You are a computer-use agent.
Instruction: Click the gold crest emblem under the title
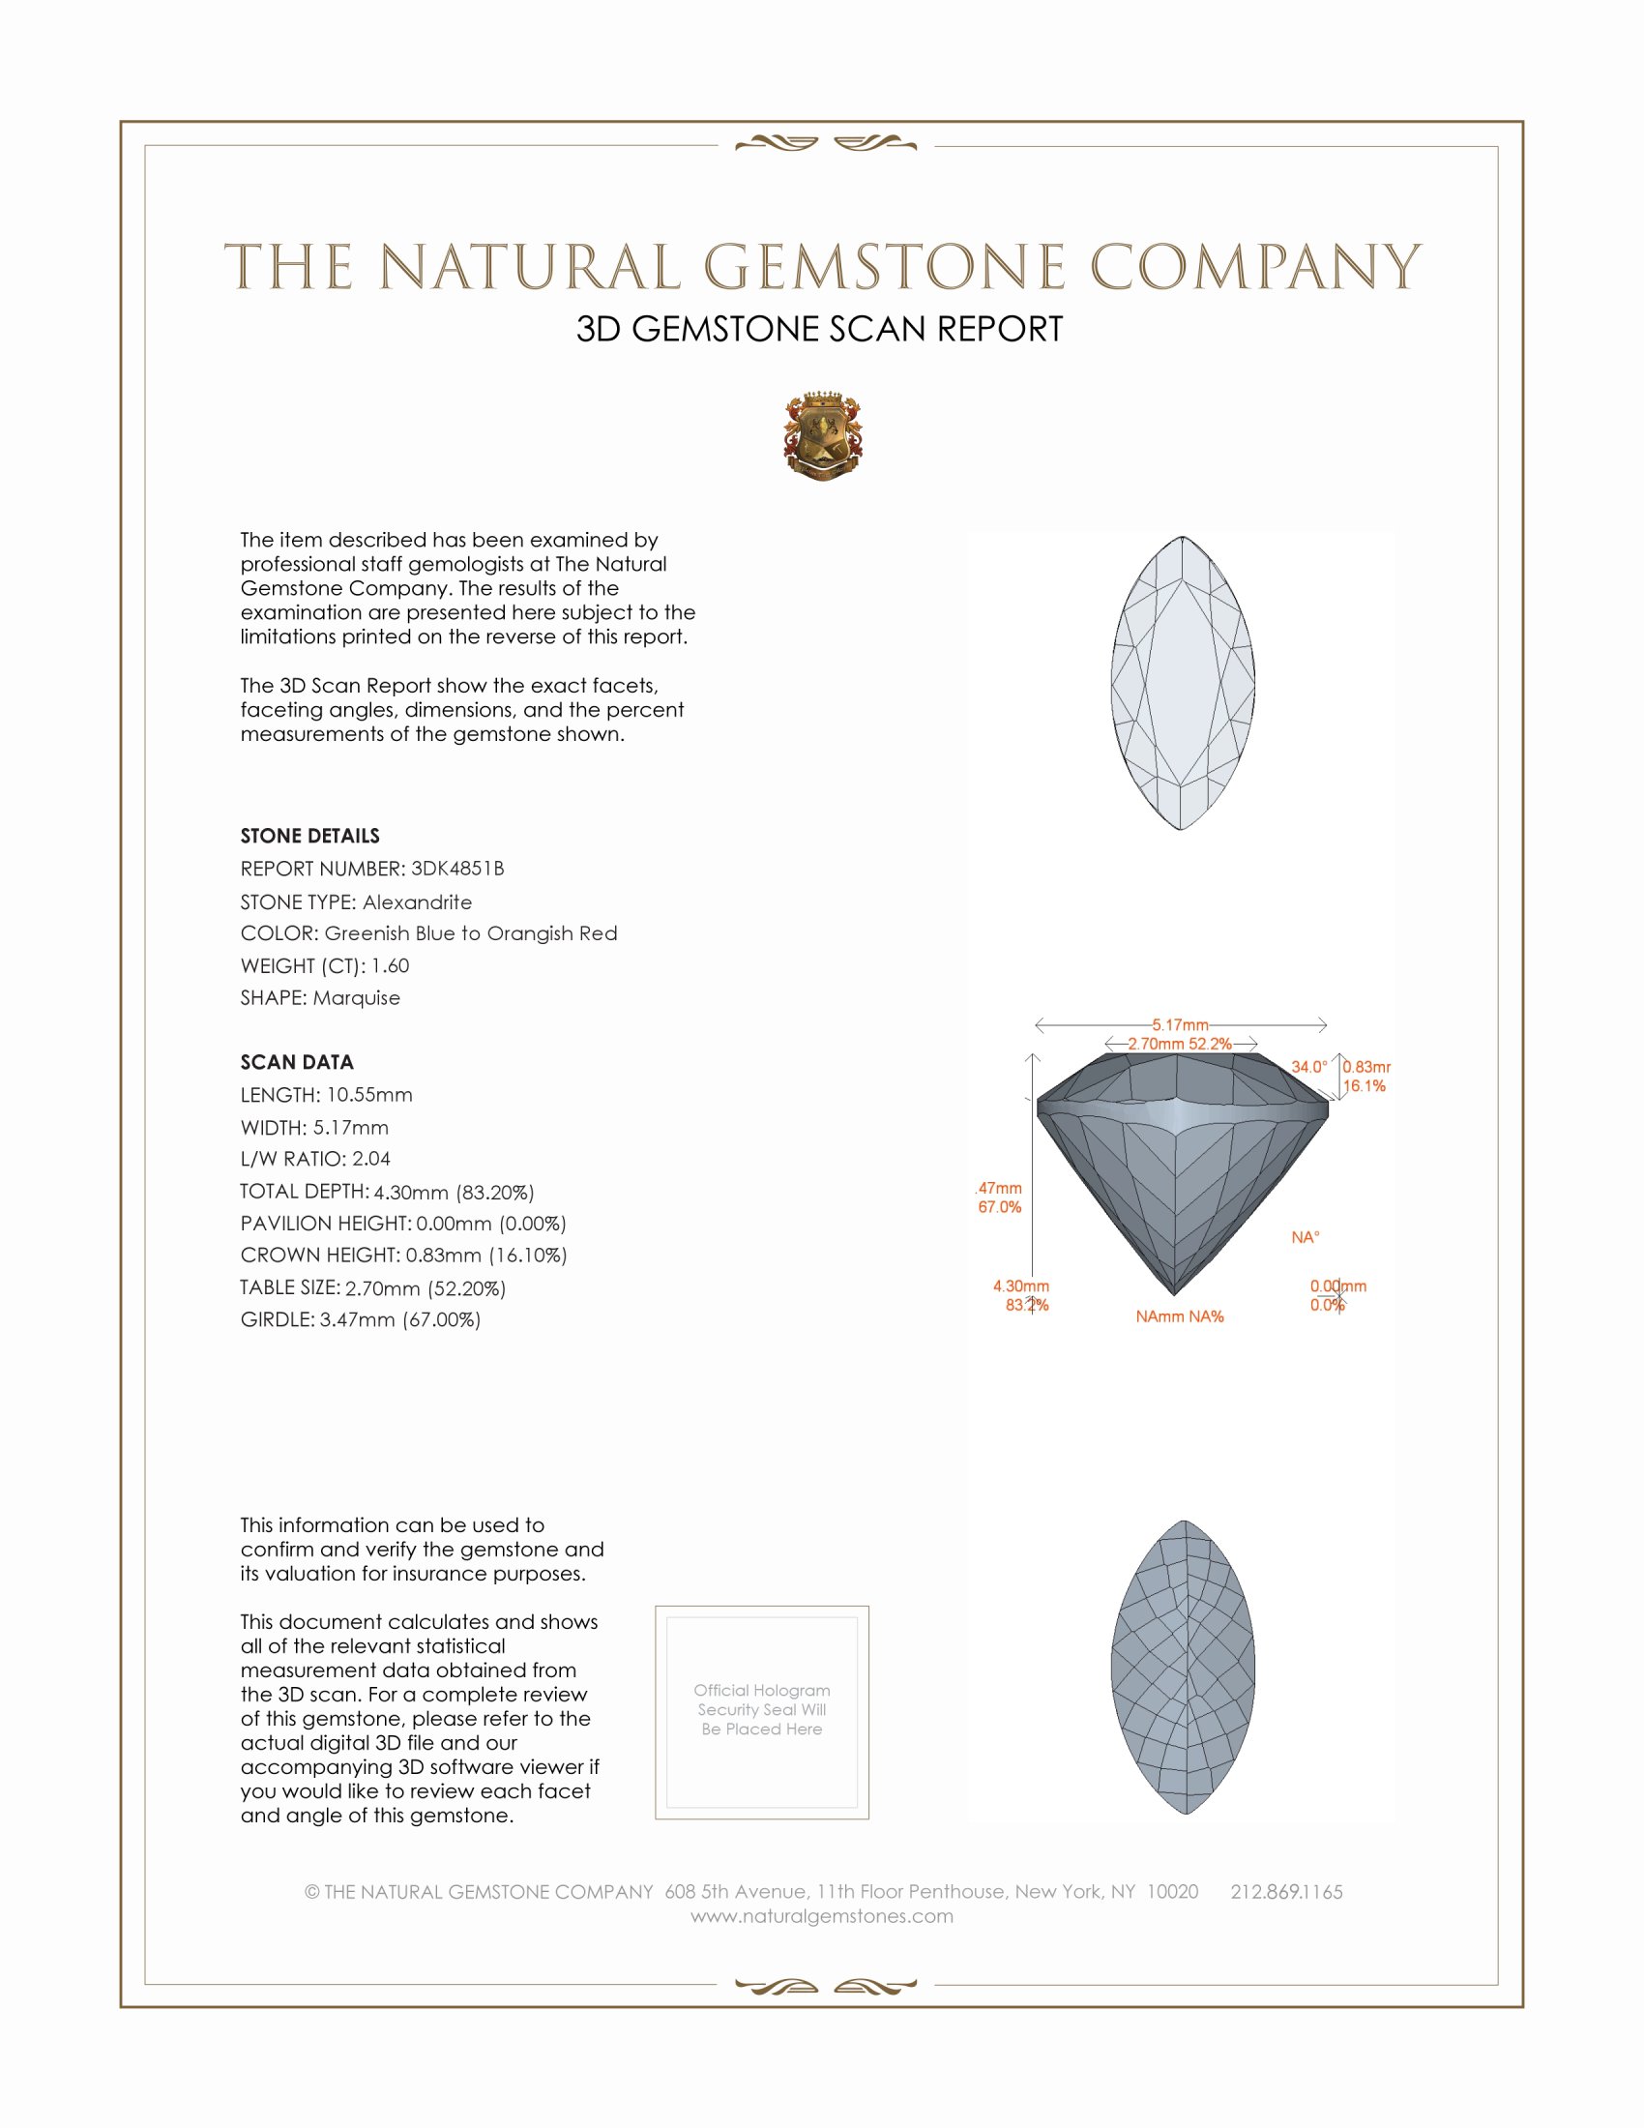(822, 437)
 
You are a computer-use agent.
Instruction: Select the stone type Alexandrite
(417, 902)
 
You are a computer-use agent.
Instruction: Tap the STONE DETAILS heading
(309, 836)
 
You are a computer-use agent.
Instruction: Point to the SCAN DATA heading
(297, 1062)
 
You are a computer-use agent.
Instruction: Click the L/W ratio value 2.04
(371, 1159)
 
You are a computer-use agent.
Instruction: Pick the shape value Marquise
(357, 998)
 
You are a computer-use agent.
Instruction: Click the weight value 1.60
(390, 965)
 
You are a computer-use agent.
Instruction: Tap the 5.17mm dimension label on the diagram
(1181, 1025)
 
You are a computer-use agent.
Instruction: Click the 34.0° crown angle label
(1309, 1067)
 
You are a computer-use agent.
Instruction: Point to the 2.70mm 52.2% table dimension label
(1181, 1044)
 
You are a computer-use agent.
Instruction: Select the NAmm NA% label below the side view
(1180, 1316)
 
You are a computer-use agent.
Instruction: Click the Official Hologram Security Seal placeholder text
(762, 1709)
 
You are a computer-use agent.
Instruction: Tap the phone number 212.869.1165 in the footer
(1286, 1891)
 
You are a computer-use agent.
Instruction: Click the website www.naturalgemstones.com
(822, 1915)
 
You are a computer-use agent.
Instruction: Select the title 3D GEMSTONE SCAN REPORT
(819, 329)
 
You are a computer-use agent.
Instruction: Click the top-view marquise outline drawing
(1183, 683)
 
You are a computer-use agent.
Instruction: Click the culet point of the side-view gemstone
(1175, 1294)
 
